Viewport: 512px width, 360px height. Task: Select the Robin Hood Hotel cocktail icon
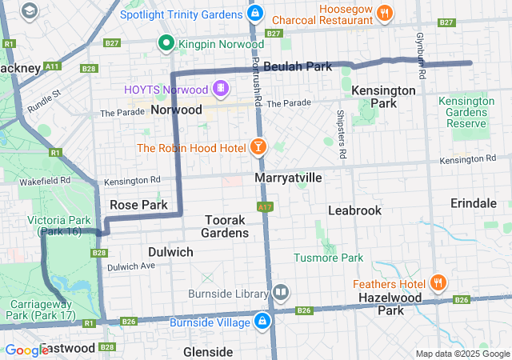coord(258,147)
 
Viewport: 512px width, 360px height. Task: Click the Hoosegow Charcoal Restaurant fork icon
coord(385,12)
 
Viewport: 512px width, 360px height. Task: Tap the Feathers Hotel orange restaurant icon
coord(438,282)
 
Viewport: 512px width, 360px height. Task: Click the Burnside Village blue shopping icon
coord(262,322)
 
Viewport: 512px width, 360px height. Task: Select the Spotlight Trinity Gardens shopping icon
coord(254,14)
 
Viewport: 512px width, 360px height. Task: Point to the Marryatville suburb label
coord(288,178)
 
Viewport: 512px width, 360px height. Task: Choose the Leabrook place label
coord(354,210)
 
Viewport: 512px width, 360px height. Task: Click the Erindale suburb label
coord(473,203)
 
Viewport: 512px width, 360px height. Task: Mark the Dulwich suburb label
coord(170,252)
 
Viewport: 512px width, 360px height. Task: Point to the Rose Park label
coord(138,205)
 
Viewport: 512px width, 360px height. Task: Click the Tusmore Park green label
coord(328,258)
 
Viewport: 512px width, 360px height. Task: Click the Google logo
coord(26,350)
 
